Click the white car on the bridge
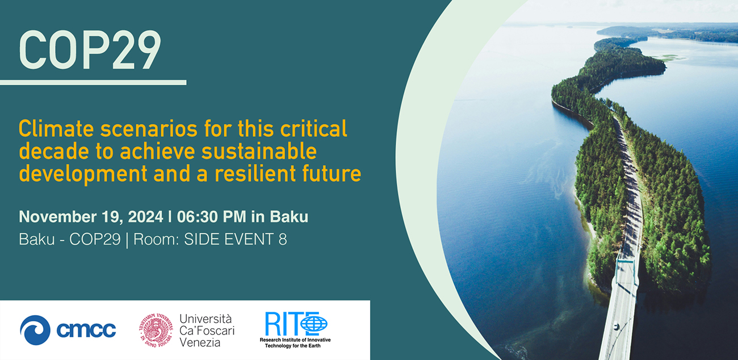click(617, 327)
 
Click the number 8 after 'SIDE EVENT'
click(282, 240)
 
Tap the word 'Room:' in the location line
click(160, 240)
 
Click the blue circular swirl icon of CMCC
click(35, 329)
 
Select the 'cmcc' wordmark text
click(86, 330)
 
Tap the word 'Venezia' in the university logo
click(199, 342)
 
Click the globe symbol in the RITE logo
click(314, 324)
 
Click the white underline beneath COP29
click(93, 83)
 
